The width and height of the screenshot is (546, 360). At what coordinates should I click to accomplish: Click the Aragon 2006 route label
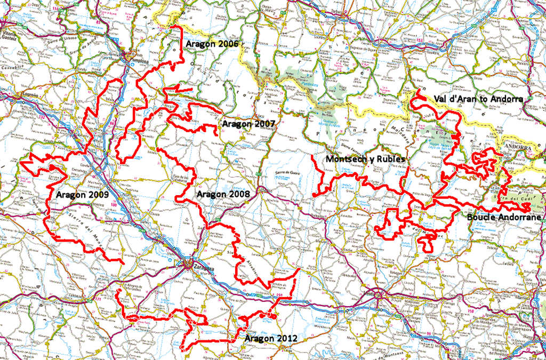[x=212, y=44]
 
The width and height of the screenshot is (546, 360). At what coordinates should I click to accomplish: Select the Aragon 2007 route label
[x=248, y=124]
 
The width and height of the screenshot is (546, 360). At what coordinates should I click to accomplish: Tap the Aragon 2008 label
[x=222, y=194]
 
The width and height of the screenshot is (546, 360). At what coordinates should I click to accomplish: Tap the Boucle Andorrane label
[x=504, y=217]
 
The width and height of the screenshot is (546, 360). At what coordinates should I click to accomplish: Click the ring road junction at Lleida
[x=378, y=295]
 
